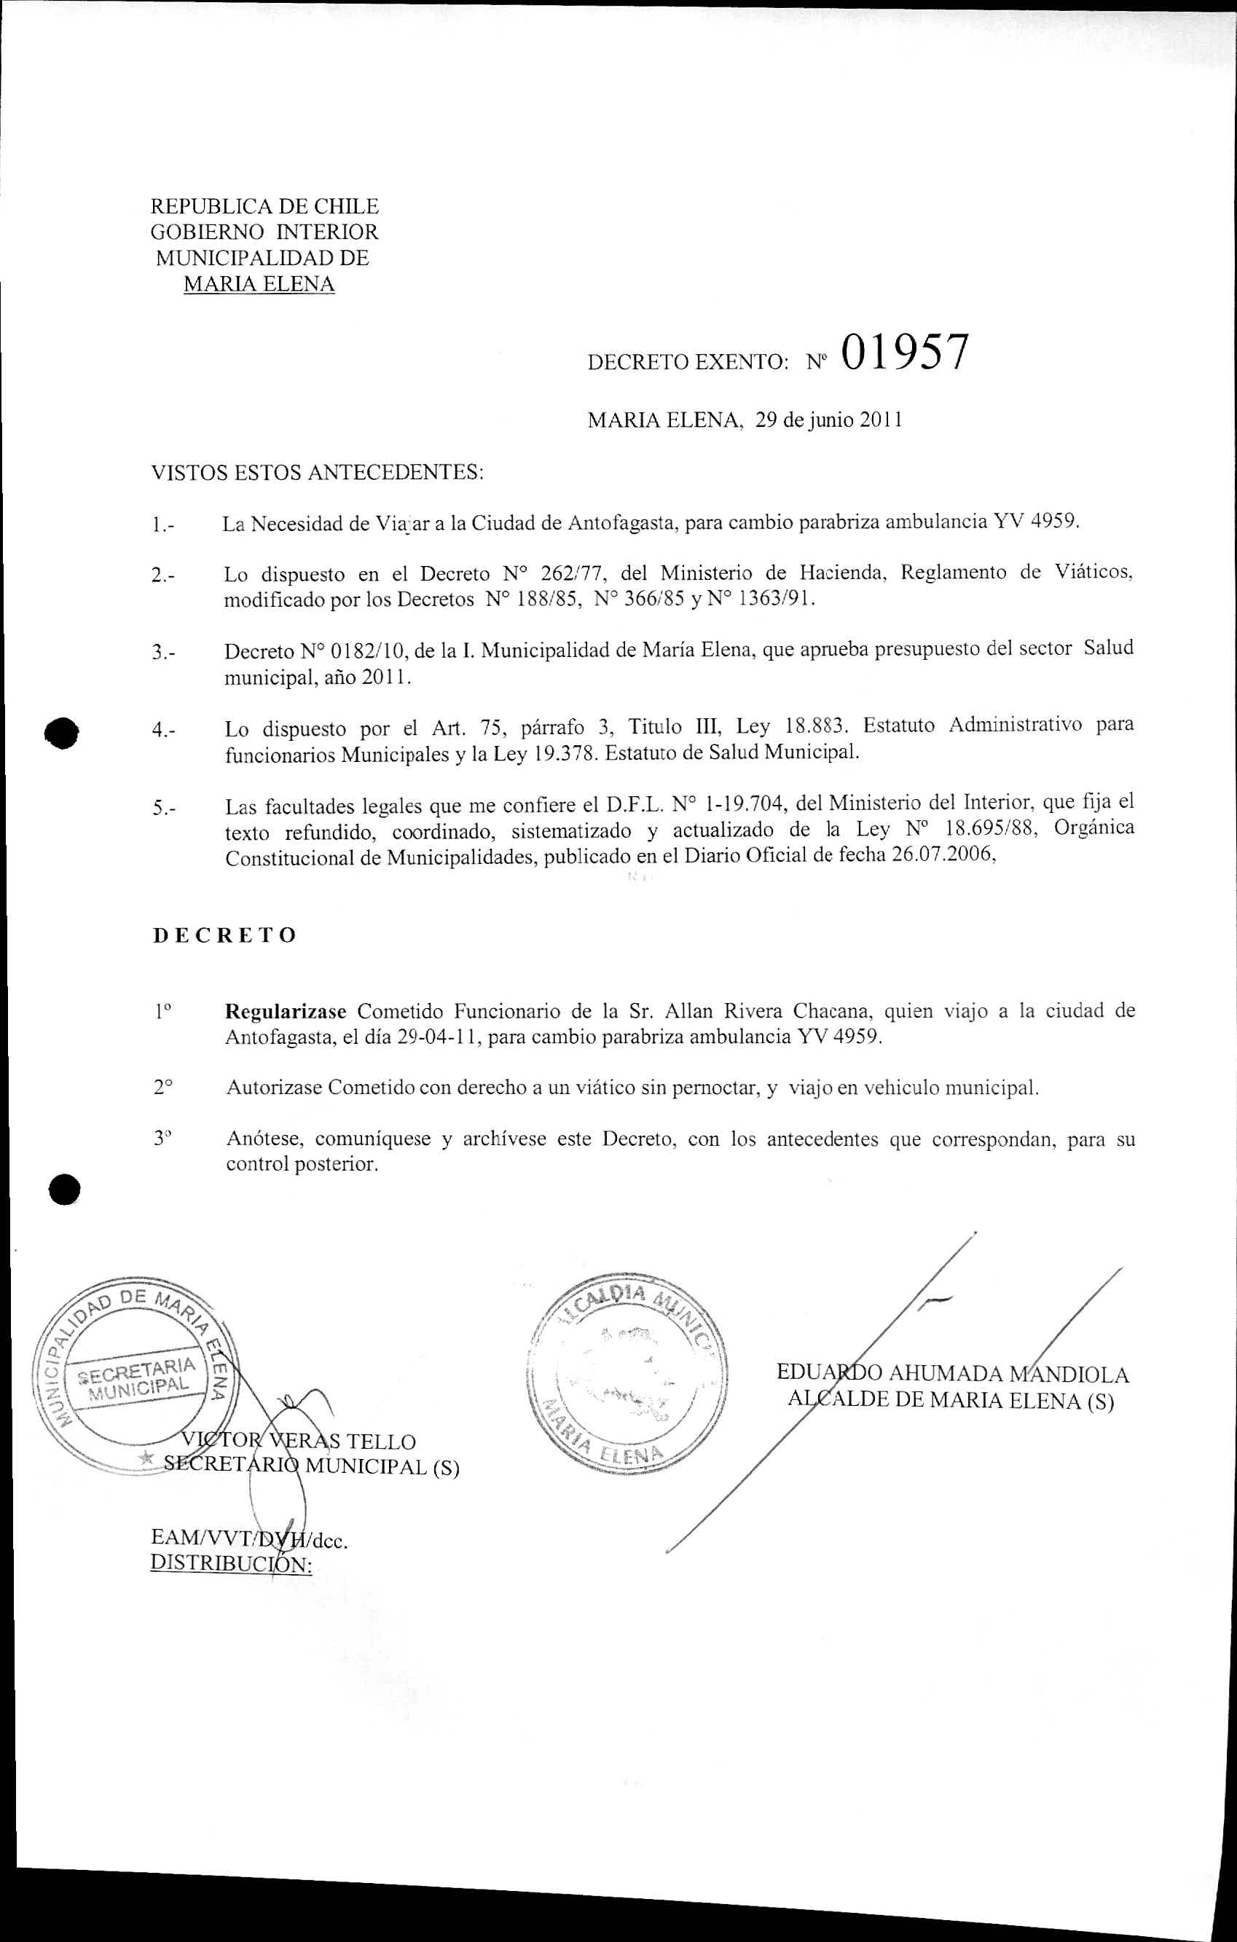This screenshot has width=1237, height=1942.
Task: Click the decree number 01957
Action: (x=903, y=353)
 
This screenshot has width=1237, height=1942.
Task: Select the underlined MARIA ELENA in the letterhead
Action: (x=259, y=284)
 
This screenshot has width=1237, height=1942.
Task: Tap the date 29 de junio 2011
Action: (x=828, y=420)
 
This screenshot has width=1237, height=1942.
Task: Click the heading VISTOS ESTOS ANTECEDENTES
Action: (x=317, y=472)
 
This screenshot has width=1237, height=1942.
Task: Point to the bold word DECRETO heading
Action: (x=224, y=935)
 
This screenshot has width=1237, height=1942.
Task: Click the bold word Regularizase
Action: (x=286, y=1011)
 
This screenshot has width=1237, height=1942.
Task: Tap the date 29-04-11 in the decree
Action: (x=434, y=1037)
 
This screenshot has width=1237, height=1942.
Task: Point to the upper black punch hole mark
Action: (x=62, y=732)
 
